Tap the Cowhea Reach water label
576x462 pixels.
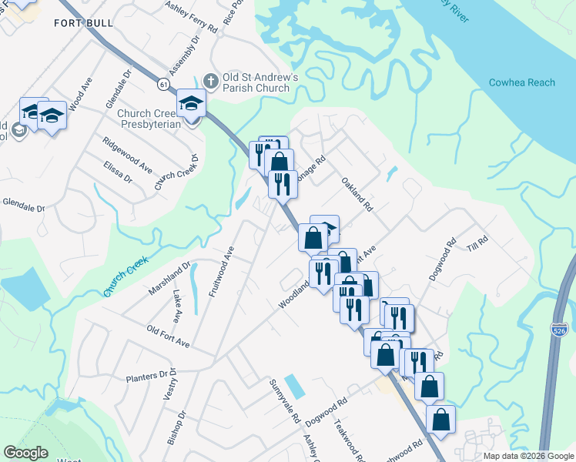pyautogui.click(x=521, y=83)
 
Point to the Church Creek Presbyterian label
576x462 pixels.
pyautogui.click(x=149, y=119)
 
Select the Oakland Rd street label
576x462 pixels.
pyautogui.click(x=358, y=196)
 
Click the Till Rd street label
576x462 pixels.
pyautogui.click(x=478, y=241)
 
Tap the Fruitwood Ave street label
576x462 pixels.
pyautogui.click(x=220, y=271)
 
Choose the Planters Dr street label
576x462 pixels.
pyautogui.click(x=152, y=375)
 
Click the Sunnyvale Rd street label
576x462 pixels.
pyautogui.click(x=283, y=401)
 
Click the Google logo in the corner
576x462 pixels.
pyautogui.click(x=25, y=453)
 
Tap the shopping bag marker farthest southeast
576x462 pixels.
pyautogui.click(x=440, y=420)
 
